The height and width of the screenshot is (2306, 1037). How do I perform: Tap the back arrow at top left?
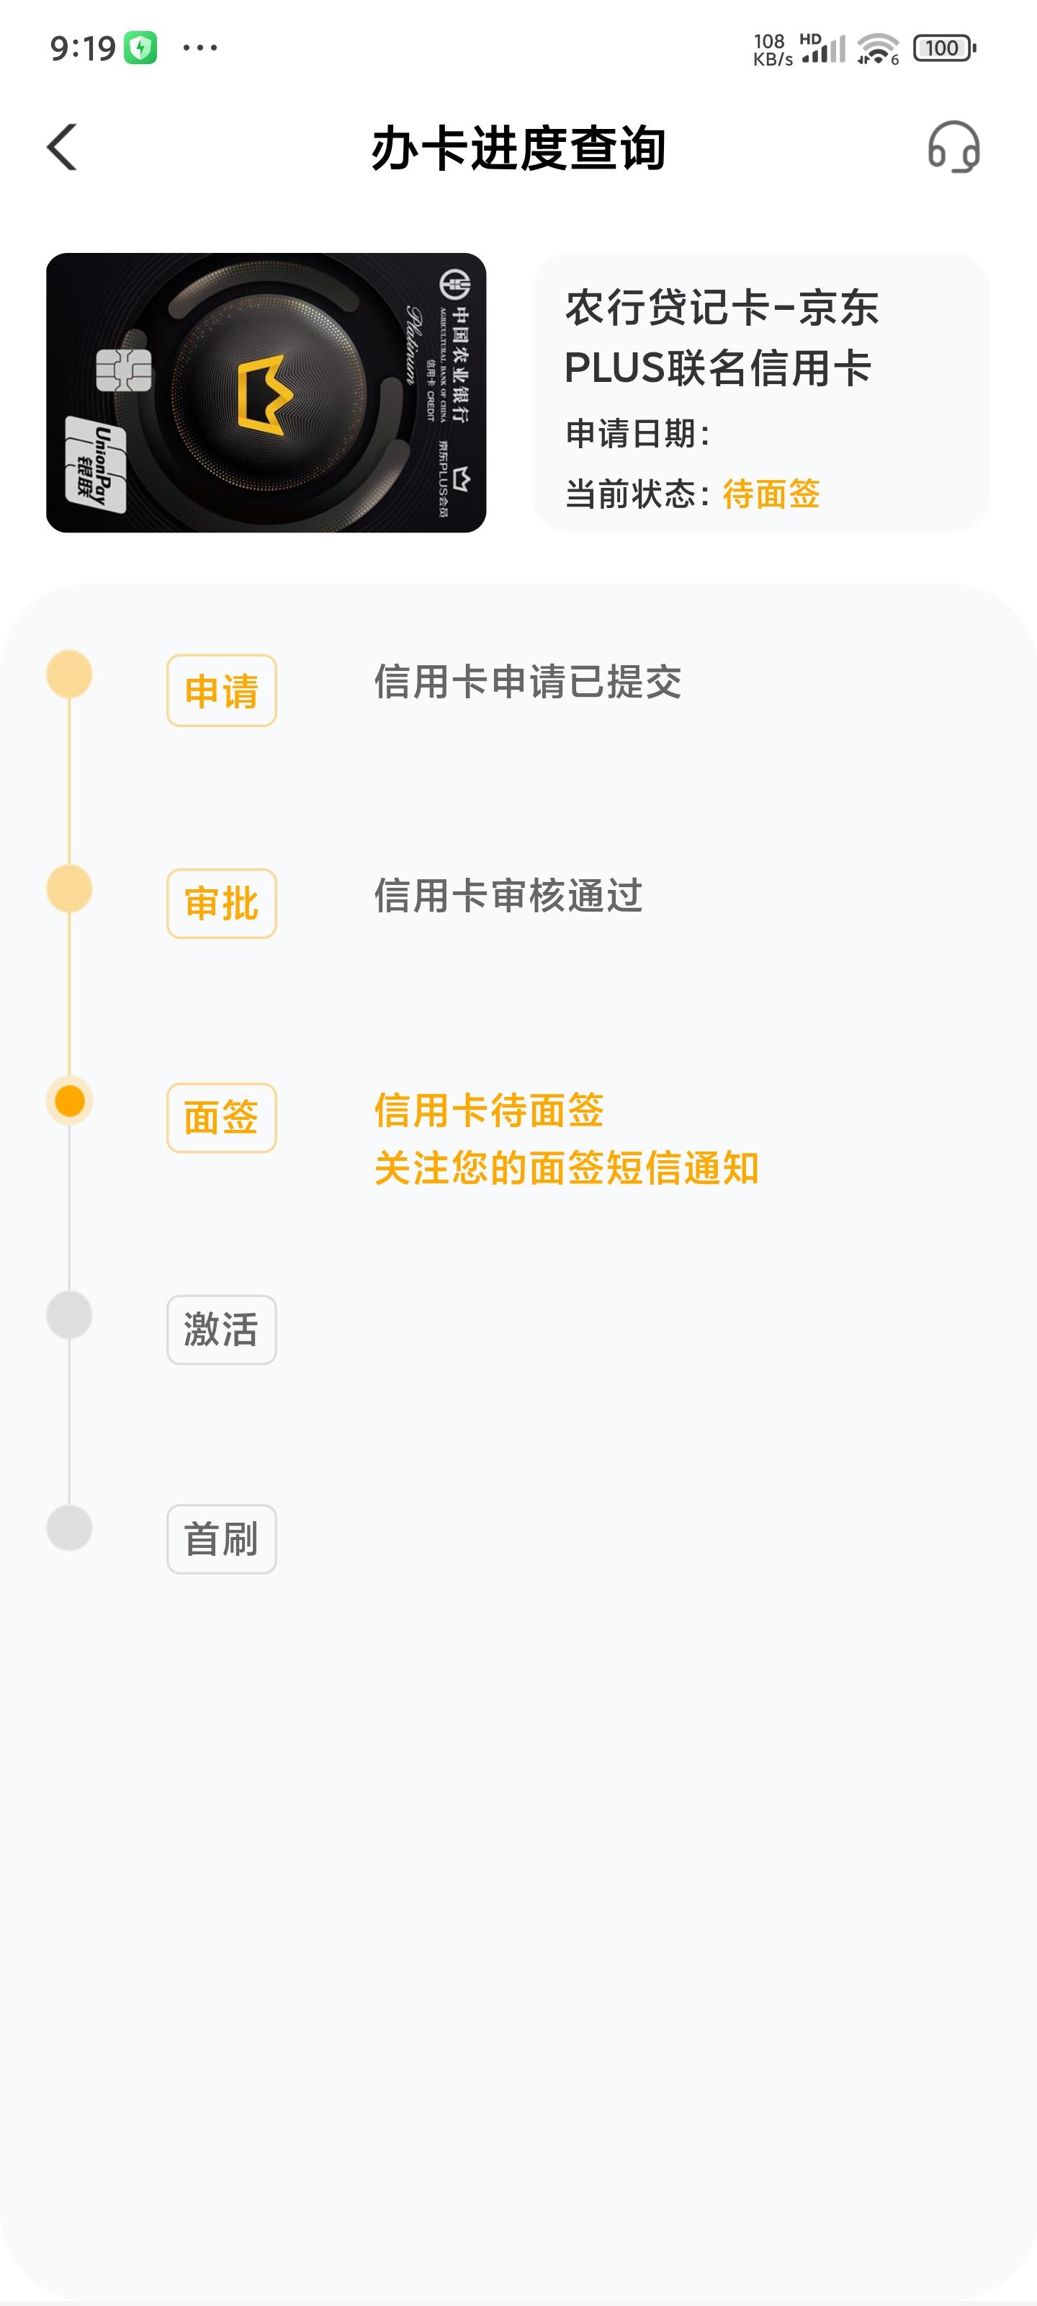coord(62,147)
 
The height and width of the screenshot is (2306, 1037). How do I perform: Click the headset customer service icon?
coord(953,147)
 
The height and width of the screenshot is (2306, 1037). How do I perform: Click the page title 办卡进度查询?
coord(518,148)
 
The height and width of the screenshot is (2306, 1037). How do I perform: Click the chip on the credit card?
coord(123,370)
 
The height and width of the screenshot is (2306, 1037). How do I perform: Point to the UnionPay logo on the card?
coord(96,465)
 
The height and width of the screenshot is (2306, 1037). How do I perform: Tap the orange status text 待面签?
coord(771,493)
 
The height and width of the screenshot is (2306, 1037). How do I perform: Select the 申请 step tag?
coord(222,690)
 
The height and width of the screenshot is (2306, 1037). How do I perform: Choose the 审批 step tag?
coord(222,903)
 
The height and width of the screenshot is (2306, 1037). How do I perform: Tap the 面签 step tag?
coord(222,1117)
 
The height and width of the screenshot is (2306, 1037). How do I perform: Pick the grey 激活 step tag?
coord(222,1330)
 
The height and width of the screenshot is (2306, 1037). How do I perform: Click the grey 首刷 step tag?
coord(222,1539)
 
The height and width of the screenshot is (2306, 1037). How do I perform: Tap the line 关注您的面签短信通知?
coord(566,1168)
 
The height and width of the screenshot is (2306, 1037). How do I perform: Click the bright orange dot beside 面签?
coord(70,1100)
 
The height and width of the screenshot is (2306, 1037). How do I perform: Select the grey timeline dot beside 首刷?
coord(70,1527)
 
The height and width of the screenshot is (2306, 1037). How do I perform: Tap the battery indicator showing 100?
coord(944,48)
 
